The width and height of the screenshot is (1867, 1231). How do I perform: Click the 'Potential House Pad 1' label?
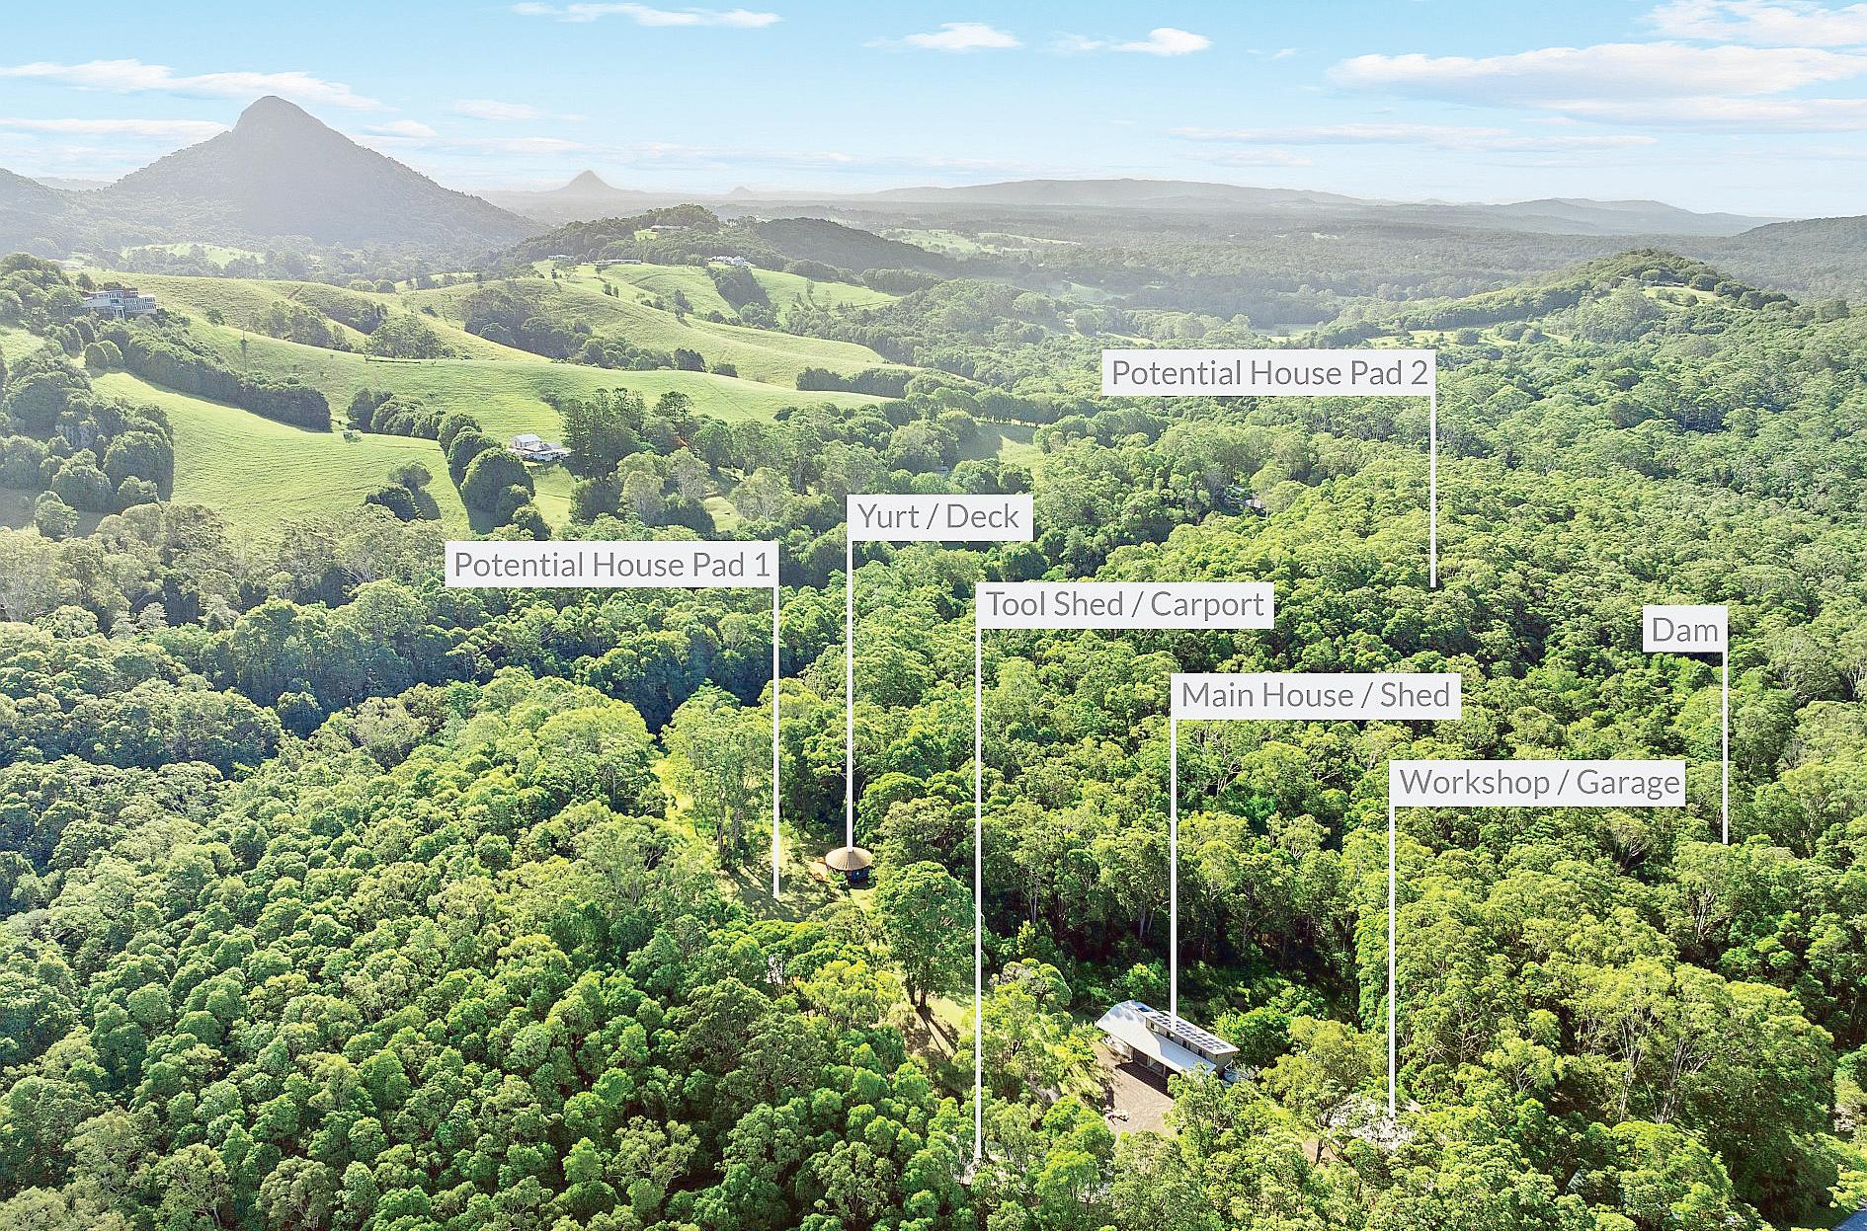click(610, 565)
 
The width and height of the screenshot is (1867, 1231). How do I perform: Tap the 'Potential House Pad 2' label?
click(1268, 373)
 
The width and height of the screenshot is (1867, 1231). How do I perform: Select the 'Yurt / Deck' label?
click(938, 516)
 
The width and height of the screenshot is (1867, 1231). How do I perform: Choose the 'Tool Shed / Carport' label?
click(1125, 604)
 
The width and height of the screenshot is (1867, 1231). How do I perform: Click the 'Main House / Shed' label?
click(1315, 695)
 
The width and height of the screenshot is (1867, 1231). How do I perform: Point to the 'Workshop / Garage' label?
click(1539, 783)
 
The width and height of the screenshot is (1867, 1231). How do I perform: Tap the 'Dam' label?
click(1684, 631)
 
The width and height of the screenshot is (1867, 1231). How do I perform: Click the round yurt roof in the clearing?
click(850, 859)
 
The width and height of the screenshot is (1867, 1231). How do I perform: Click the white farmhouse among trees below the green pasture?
click(539, 447)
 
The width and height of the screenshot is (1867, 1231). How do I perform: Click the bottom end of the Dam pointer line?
click(1725, 841)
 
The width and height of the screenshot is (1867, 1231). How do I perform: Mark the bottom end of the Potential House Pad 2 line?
click(1433, 586)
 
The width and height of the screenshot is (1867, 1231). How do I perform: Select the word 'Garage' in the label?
click(1627, 783)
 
